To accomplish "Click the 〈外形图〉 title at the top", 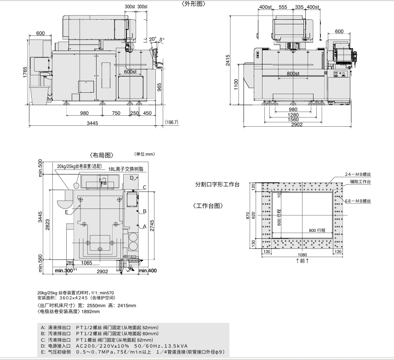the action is [x=194, y=4].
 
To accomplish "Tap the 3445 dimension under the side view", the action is [x=92, y=123].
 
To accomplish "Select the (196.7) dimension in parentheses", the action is [x=171, y=122].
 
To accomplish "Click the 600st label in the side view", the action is [x=130, y=72].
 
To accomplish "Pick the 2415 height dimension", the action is [x=228, y=60].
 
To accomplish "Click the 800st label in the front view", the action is [x=293, y=73].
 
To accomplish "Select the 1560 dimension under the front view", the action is [x=293, y=119].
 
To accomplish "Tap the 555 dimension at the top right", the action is [x=283, y=7].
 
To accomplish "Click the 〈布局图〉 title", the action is [x=102, y=155].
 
